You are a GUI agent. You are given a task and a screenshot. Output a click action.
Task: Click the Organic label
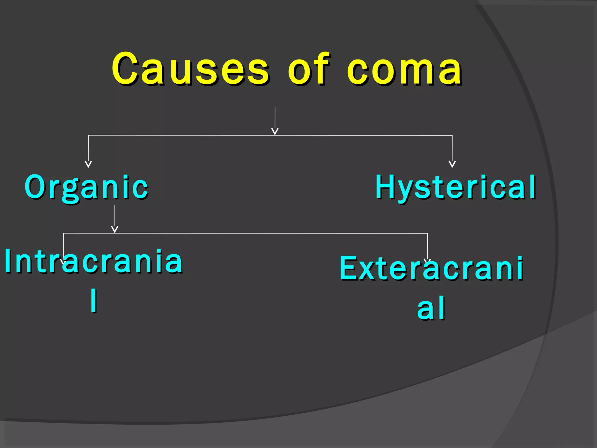(x=86, y=187)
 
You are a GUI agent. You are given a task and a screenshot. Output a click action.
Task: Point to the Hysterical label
(x=455, y=187)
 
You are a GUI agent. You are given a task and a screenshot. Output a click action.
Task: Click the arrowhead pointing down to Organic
(x=88, y=164)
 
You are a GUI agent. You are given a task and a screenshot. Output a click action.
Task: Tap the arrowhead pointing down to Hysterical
(x=452, y=164)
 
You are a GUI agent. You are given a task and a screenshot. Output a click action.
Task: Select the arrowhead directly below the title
(x=275, y=131)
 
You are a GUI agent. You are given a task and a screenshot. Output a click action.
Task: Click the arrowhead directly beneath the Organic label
(x=115, y=229)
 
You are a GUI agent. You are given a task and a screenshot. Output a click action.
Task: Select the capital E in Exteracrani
(x=349, y=268)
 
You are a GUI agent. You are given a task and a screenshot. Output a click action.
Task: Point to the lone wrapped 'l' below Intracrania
(x=94, y=300)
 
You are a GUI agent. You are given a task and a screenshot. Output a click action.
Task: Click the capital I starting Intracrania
(x=8, y=261)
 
